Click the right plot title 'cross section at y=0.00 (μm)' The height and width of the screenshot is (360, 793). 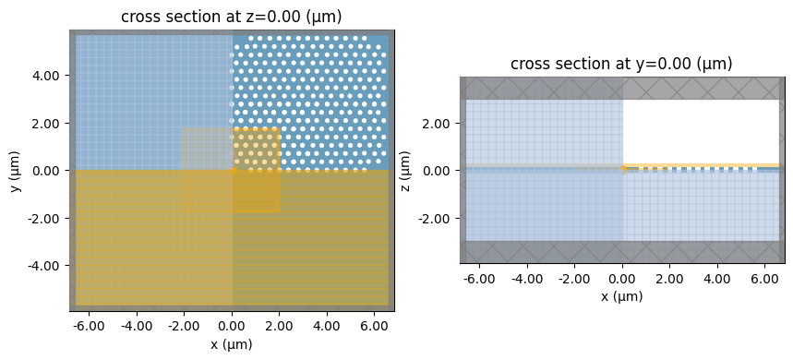tap(622, 64)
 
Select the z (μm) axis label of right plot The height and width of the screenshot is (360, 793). tap(405, 171)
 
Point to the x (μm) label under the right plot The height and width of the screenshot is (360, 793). tap(622, 296)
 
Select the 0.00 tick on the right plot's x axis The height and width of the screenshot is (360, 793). tap(623, 278)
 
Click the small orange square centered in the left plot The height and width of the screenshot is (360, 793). tap(233, 170)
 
